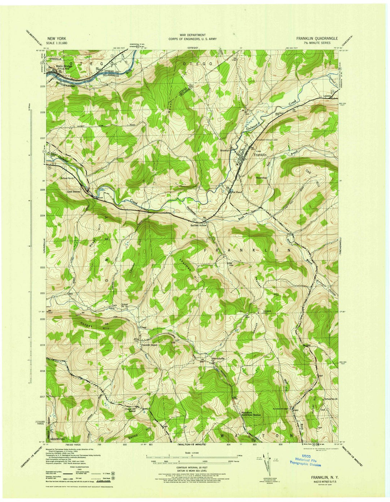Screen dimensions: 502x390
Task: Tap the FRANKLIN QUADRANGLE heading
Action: [x=317, y=38]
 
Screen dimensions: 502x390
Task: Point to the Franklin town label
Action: [x=260, y=155]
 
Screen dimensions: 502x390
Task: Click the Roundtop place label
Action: [x=261, y=178]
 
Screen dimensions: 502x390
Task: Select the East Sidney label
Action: [x=74, y=192]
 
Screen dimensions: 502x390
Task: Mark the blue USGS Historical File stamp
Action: [x=305, y=463]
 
